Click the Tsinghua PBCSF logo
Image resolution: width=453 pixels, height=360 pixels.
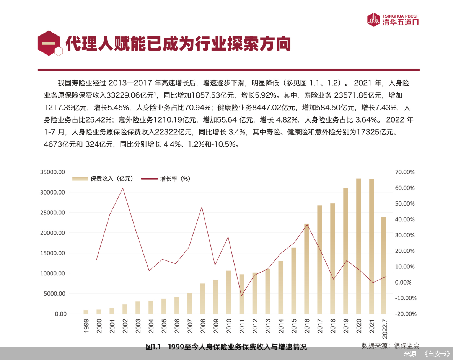pyautogui.click(x=393, y=20)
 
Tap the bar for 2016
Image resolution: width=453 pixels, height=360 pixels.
pyautogui.click(x=306, y=268)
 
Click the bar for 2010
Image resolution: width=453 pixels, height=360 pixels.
pyautogui.click(x=229, y=292)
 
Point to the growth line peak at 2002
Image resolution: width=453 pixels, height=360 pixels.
pyautogui.click(x=122, y=188)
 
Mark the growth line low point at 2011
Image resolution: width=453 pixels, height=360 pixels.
pyautogui.click(x=241, y=296)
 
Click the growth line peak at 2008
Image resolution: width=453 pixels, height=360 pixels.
pyautogui.click(x=202, y=207)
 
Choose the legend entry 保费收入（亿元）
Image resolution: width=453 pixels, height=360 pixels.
pyautogui.click(x=103, y=178)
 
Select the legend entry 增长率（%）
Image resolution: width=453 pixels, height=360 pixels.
pyautogui.click(x=166, y=178)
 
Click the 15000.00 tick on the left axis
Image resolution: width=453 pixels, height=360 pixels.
pyautogui.click(x=53, y=253)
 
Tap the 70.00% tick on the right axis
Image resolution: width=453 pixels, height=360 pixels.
pyautogui.click(x=405, y=172)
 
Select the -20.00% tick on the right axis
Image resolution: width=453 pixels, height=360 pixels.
pyautogui.click(x=405, y=314)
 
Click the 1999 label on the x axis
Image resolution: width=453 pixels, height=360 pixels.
pyautogui.click(x=86, y=326)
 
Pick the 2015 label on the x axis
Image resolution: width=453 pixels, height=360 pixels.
pyautogui.click(x=294, y=326)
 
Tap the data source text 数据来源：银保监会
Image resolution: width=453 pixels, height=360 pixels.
pyautogui.click(x=391, y=345)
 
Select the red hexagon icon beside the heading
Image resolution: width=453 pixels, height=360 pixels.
pyautogui.click(x=49, y=43)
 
